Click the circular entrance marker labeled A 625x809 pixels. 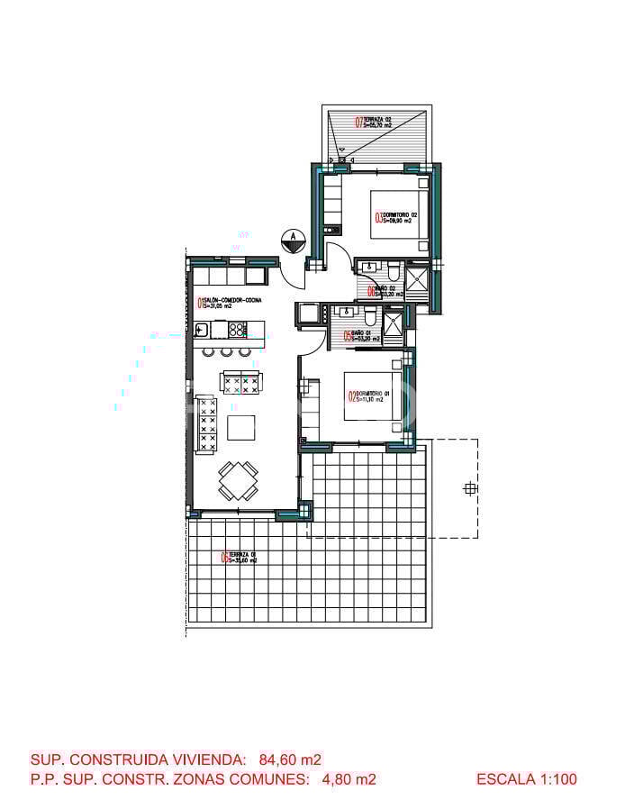point(293,239)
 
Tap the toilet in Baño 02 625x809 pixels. point(394,270)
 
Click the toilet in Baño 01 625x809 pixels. point(369,315)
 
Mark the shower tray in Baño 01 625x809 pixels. point(394,326)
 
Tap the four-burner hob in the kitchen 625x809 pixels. point(237,329)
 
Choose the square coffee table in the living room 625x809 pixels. point(240,427)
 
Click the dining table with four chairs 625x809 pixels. point(239,480)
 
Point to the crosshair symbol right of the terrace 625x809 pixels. point(469,489)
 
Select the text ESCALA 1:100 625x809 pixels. point(526,779)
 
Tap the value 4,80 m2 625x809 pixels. point(349,779)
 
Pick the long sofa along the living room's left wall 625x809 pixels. point(207,424)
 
